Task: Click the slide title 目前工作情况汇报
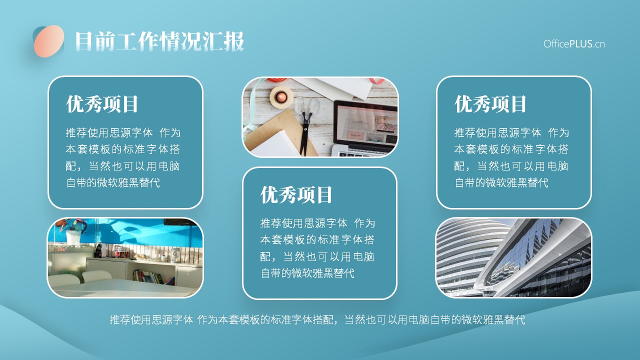pos(159,41)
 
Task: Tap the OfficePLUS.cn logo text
pos(574,44)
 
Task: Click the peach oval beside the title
pos(49,41)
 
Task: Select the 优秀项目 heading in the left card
pos(102,104)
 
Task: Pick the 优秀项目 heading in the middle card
pos(296,195)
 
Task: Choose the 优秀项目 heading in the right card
pos(490,104)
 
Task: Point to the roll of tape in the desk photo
pos(281,97)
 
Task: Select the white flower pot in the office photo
pos(73,237)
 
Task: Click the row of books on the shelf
pos(153,276)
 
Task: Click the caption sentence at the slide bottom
pos(317,319)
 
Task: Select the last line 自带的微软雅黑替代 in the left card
pos(113,182)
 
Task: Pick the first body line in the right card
pos(511,132)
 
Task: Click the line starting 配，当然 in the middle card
pos(317,256)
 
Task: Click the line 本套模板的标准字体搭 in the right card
pos(511,149)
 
